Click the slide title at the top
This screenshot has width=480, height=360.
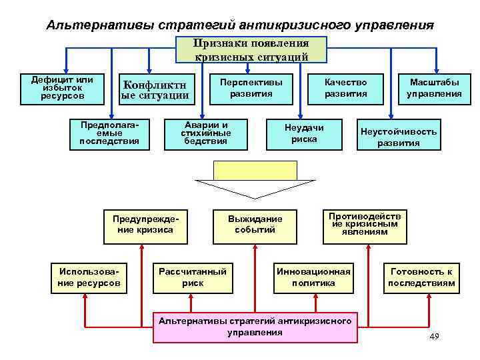[240, 25]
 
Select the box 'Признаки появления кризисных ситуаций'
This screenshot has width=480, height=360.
[251, 50]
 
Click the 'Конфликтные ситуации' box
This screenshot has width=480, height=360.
[155, 90]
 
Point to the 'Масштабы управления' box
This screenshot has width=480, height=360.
[434, 88]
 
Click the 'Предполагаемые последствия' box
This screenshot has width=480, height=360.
[109, 133]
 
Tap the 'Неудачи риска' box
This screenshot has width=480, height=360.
[304, 133]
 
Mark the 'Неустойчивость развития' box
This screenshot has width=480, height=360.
[399, 136]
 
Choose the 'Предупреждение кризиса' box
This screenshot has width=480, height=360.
[143, 225]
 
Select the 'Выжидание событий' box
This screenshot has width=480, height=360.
[255, 225]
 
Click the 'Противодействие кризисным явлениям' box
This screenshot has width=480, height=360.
[365, 225]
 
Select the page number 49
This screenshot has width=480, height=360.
[434, 336]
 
